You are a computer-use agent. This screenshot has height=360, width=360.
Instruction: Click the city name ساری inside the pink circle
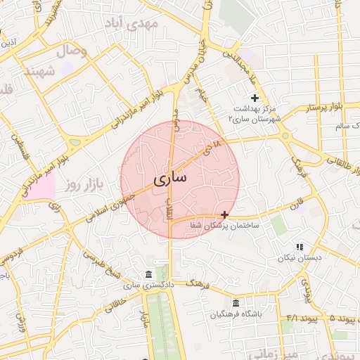point(170,179)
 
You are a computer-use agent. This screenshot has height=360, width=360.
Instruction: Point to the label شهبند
point(39,72)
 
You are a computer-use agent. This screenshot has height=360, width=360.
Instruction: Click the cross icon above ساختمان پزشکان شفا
point(224,214)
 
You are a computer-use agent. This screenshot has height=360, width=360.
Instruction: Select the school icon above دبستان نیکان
point(300,247)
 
